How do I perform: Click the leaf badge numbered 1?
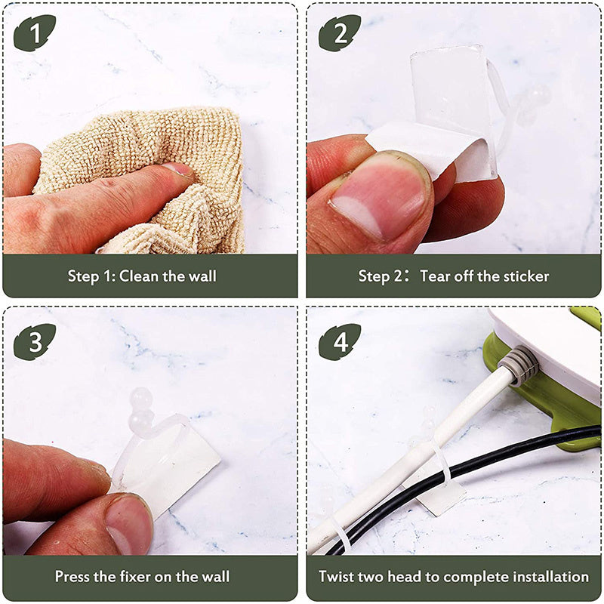35,32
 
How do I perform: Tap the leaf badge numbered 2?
340,32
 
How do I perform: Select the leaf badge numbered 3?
35,342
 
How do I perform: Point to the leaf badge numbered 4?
340,342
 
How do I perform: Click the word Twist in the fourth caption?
334,577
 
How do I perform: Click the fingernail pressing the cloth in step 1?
177,169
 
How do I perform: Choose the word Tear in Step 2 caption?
435,276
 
